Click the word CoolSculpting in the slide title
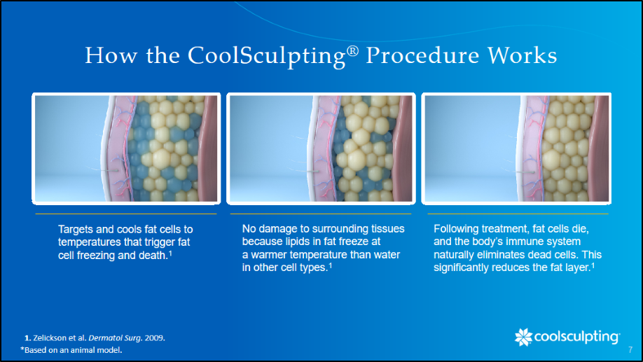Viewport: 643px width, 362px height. tap(267, 56)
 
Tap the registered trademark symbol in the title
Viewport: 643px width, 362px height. tap(352, 51)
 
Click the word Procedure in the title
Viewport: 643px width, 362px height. tap(422, 55)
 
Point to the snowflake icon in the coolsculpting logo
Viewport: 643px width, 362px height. tap(523, 337)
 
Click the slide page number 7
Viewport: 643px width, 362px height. tap(630, 349)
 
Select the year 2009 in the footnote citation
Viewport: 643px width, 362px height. tap(154, 337)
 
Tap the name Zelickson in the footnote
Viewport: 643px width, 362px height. tap(49, 337)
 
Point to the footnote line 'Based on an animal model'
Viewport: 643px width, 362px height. tap(71, 349)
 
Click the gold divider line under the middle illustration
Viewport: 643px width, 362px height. tap(321, 214)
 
